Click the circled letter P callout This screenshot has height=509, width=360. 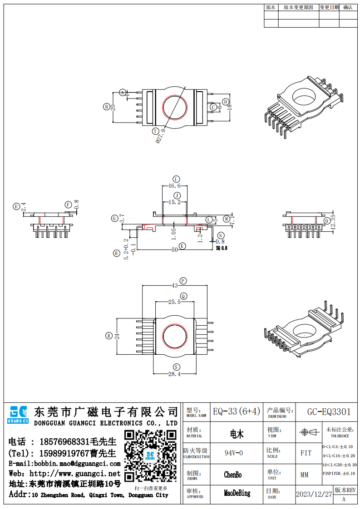(183, 281)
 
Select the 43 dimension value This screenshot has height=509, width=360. (175, 286)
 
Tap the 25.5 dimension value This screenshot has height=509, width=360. (175, 302)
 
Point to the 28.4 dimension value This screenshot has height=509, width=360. (175, 374)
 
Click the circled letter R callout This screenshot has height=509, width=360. (108, 336)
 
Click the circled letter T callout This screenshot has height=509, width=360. (155, 131)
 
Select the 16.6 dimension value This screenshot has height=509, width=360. (175, 186)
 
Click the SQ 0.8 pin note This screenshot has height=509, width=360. (221, 248)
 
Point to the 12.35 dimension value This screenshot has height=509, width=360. (333, 221)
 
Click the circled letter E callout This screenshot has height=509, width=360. (16, 206)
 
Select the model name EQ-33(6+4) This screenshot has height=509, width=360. (237, 411)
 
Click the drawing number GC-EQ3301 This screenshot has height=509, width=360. (329, 412)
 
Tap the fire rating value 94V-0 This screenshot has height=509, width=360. (234, 453)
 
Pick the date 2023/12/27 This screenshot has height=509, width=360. (314, 494)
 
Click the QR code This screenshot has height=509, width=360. (150, 456)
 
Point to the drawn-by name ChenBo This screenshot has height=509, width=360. (233, 475)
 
